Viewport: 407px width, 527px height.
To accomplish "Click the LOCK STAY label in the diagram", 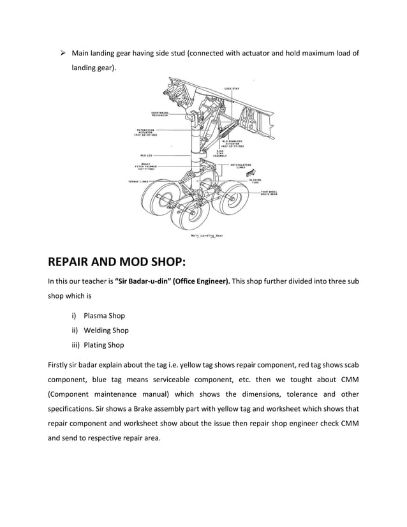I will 232,88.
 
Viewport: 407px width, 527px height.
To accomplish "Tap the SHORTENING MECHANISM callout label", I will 159,115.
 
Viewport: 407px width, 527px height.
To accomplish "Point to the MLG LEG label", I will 145,154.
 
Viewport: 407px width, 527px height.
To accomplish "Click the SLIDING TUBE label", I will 255,181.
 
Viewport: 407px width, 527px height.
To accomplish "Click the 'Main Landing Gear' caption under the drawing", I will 206,235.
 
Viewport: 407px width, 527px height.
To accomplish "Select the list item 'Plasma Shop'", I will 104,315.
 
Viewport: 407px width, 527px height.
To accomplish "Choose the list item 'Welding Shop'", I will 106,330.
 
